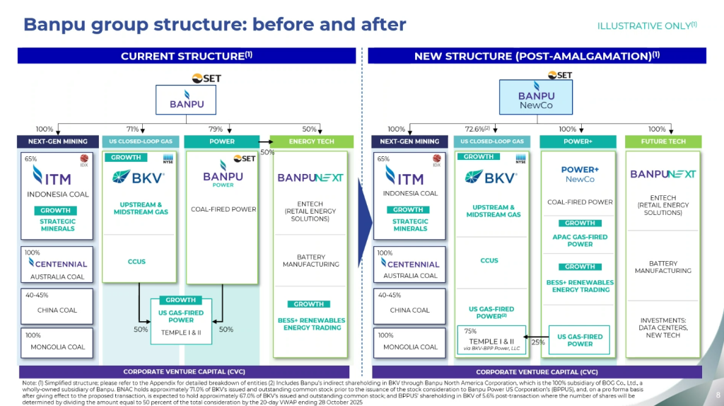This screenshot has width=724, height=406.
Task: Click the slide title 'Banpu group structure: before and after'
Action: [x=215, y=25]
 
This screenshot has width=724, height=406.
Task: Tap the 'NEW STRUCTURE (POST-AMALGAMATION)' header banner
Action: [x=537, y=56]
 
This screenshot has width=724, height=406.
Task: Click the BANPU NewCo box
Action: [x=537, y=97]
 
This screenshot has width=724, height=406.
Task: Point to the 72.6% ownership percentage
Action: [x=475, y=129]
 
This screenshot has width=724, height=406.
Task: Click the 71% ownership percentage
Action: [x=133, y=129]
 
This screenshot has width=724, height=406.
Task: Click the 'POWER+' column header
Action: [x=579, y=142]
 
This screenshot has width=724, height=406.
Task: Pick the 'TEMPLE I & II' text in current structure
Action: [x=181, y=331]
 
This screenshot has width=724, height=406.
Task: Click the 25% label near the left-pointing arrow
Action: [x=537, y=342]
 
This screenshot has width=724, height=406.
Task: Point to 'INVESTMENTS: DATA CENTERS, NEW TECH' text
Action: [x=662, y=327]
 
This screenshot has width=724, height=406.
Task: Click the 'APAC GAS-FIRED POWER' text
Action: [x=580, y=240]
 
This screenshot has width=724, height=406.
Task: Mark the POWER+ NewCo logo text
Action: [x=580, y=174]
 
